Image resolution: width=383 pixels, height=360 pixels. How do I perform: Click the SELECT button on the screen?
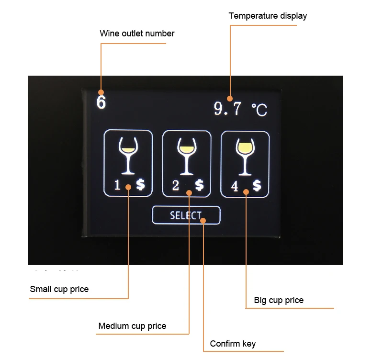point(186,215)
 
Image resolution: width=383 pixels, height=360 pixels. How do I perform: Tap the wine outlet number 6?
point(101,102)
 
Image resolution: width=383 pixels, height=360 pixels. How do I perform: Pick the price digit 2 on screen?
point(176,186)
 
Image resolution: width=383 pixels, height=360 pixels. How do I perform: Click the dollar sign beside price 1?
point(140,185)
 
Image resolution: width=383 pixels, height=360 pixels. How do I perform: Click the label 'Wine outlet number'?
point(137,34)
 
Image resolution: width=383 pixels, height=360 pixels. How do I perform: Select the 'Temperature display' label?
point(268,16)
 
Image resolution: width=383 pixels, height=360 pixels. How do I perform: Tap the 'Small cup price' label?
point(59,289)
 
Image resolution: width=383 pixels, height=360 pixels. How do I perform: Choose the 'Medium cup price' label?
point(132,326)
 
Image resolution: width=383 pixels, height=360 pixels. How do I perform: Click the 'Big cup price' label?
point(279,300)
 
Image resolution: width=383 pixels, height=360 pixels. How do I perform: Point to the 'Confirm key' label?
point(233,344)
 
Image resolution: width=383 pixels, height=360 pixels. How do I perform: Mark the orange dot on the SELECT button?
point(203,221)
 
